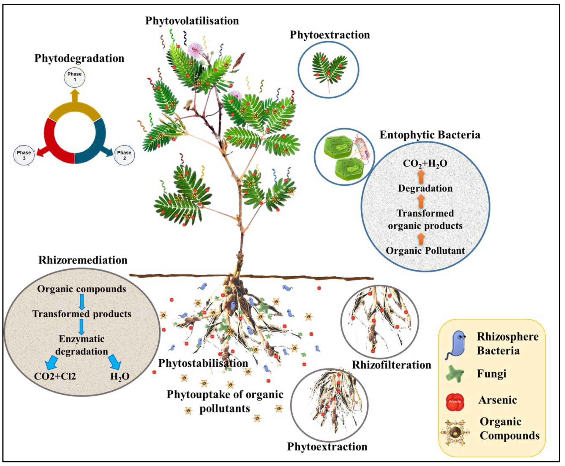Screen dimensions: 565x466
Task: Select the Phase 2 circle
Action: pos(124,155)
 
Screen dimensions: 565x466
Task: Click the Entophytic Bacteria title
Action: pos(430,135)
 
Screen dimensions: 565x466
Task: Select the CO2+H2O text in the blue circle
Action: pos(425,163)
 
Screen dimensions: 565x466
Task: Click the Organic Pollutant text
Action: pos(425,251)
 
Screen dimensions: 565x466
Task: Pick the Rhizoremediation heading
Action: pos(83,260)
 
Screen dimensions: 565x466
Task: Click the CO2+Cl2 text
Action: pos(55,376)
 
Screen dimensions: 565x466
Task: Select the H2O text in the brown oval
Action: pos(120,376)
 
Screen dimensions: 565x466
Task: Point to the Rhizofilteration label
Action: pos(391,365)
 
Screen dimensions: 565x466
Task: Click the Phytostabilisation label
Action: pos(203,363)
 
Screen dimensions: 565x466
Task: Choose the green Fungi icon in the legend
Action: pos(455,373)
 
